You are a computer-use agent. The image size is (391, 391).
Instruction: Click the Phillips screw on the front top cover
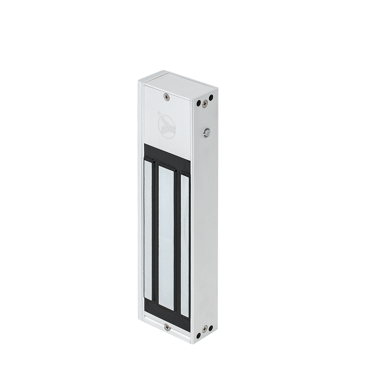(x=167, y=97)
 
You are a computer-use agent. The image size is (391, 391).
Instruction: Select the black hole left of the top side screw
(x=199, y=103)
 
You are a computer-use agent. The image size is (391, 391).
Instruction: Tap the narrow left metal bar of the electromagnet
(x=148, y=231)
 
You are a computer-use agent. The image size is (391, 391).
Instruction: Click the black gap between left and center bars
(x=155, y=235)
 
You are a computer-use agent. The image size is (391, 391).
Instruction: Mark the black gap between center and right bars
(x=177, y=242)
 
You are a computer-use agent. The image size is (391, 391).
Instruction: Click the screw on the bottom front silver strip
(x=167, y=327)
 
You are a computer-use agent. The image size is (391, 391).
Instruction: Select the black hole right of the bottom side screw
(x=211, y=328)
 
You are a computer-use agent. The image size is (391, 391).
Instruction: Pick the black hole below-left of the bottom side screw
(x=198, y=335)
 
